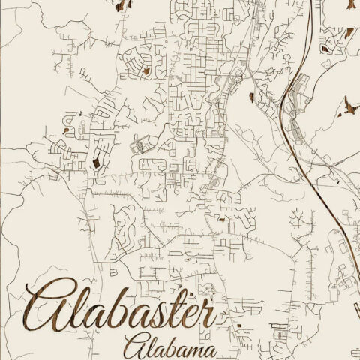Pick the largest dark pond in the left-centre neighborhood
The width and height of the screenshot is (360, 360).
click(x=95, y=160)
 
